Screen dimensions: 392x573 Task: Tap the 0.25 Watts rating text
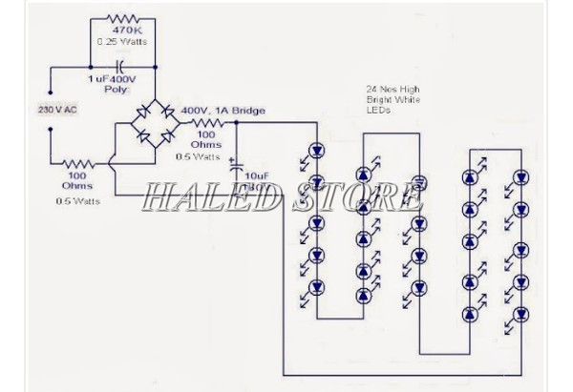click(118, 42)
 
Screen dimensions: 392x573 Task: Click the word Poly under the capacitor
click(116, 90)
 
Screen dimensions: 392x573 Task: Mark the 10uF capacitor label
click(257, 176)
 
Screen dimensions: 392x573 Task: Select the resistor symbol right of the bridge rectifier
click(207, 123)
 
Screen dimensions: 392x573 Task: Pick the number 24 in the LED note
click(371, 89)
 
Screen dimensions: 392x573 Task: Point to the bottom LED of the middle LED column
click(417, 285)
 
